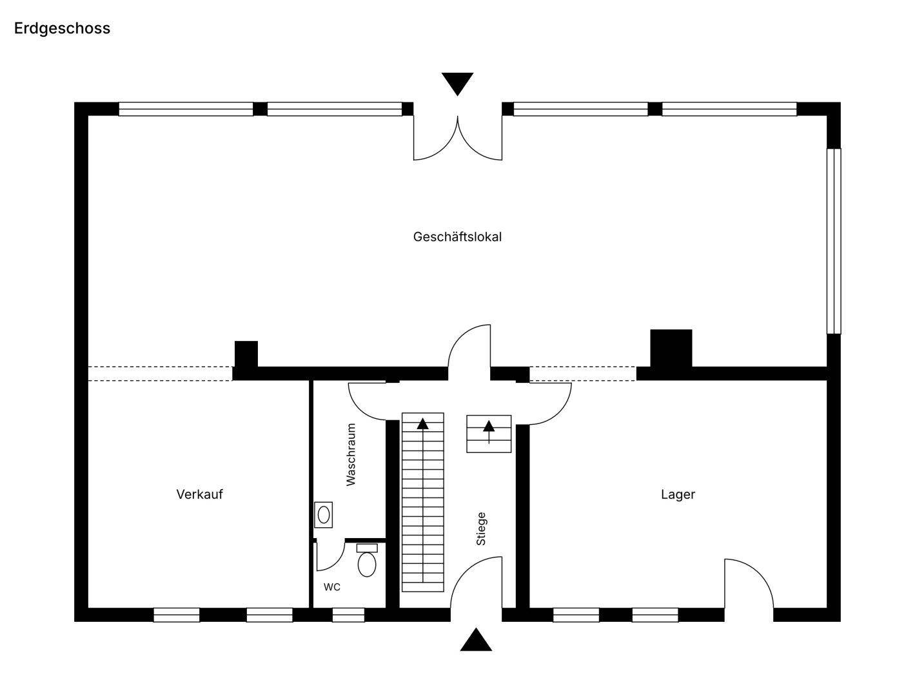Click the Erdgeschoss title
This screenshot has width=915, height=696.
pyautogui.click(x=62, y=29)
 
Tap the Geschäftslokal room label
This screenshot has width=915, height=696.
pyautogui.click(x=457, y=237)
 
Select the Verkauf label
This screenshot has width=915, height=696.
pyautogui.click(x=200, y=494)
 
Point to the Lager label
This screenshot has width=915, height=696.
pyautogui.click(x=678, y=494)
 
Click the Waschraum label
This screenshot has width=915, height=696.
pyautogui.click(x=351, y=454)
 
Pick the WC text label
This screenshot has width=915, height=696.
pyautogui.click(x=332, y=587)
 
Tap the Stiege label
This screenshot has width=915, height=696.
pyautogui.click(x=481, y=528)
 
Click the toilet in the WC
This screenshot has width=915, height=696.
pyautogui.click(x=367, y=560)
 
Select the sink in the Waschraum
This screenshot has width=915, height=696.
pyautogui.click(x=324, y=515)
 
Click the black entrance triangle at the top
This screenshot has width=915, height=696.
pyautogui.click(x=457, y=82)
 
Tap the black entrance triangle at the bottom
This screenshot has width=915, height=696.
pyautogui.click(x=476, y=640)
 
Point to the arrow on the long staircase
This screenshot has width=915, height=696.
pyautogui.click(x=423, y=500)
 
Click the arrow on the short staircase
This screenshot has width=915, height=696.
pyautogui.click(x=489, y=432)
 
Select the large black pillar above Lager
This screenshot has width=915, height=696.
pyautogui.click(x=671, y=348)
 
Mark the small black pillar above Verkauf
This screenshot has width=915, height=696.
pyautogui.click(x=246, y=354)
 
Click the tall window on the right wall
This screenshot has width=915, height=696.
pyautogui.click(x=834, y=241)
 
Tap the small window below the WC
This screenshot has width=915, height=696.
pyautogui.click(x=348, y=615)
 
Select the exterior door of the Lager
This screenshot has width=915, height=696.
pyautogui.click(x=749, y=583)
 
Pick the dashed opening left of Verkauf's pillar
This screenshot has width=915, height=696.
pyautogui.click(x=160, y=374)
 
